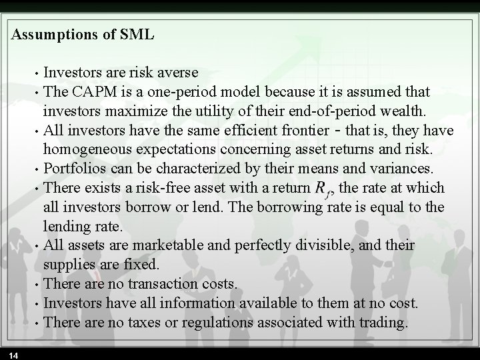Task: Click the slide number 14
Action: click(x=13, y=354)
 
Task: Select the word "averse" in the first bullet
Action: click(x=176, y=71)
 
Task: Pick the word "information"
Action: click(x=195, y=303)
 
